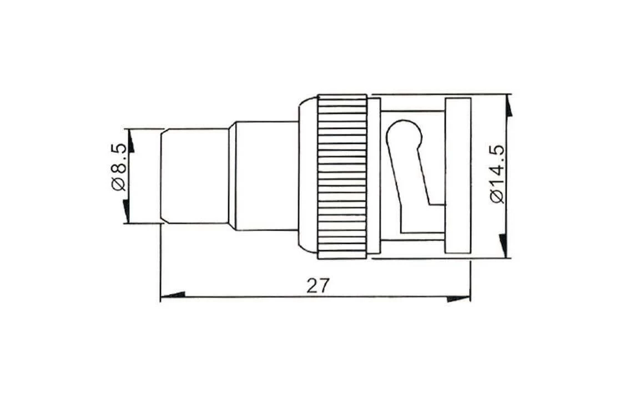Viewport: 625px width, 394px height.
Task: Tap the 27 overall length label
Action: pos(319,286)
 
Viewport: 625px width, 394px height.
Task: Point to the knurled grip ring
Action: pos(342,177)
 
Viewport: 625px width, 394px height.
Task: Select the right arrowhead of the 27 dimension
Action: pos(458,298)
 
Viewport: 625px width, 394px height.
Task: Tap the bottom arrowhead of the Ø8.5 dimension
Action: pos(126,211)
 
